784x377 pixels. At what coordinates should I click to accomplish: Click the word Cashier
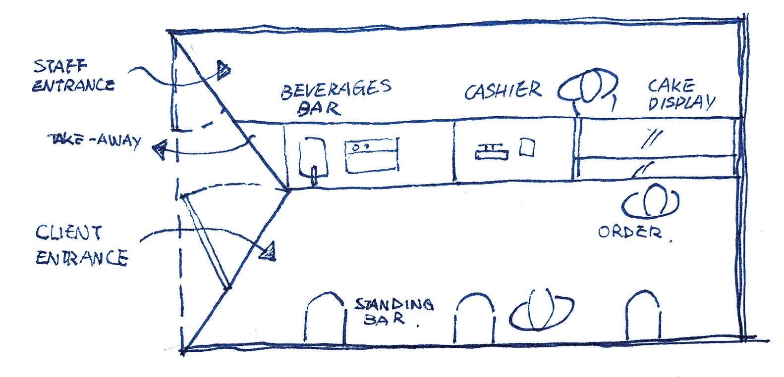[x=503, y=91]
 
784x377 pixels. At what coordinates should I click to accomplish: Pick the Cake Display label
[x=680, y=95]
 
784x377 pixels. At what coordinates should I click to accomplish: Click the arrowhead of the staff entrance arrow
[x=224, y=69]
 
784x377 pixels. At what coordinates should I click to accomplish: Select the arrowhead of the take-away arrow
[x=160, y=150]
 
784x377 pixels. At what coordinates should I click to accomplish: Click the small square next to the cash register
[x=526, y=147]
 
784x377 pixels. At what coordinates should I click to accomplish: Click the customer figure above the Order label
[x=651, y=200]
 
